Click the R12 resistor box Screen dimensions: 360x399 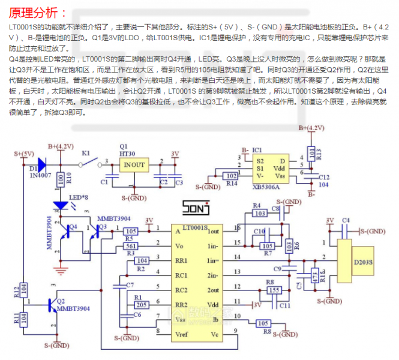pos(25,288)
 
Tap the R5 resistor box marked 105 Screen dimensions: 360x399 pos(131,231)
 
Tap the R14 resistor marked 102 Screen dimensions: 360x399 pos(230,176)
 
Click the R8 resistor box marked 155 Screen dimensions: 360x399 pos(274,290)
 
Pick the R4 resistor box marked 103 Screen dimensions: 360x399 pos(260,213)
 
